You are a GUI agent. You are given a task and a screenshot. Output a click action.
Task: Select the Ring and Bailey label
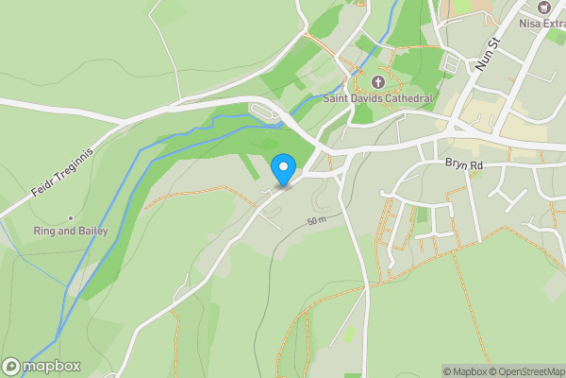(x=70, y=231)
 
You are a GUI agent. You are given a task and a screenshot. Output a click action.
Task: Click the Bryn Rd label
(x=464, y=163)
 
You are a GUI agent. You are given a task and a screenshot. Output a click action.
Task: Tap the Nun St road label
(x=487, y=54)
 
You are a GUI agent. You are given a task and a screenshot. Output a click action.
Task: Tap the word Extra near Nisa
(x=552, y=24)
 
